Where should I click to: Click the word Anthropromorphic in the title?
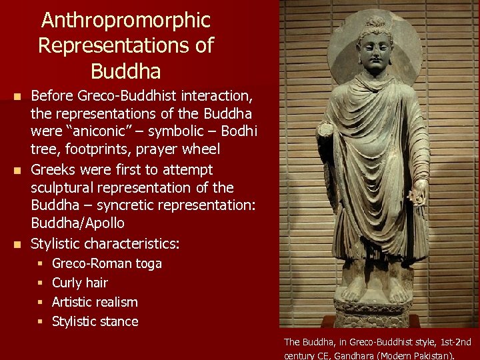coord(125,20)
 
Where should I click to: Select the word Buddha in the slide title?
coord(125,70)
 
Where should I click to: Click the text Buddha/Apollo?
coord(77,223)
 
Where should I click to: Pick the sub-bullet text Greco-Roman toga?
coord(107,263)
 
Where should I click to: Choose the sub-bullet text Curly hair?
coord(79,283)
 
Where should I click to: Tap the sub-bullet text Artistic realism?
coord(95,302)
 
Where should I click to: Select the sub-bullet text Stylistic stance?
coord(95,321)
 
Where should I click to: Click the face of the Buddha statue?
coord(374,49)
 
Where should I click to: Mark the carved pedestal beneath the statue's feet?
coord(374,313)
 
